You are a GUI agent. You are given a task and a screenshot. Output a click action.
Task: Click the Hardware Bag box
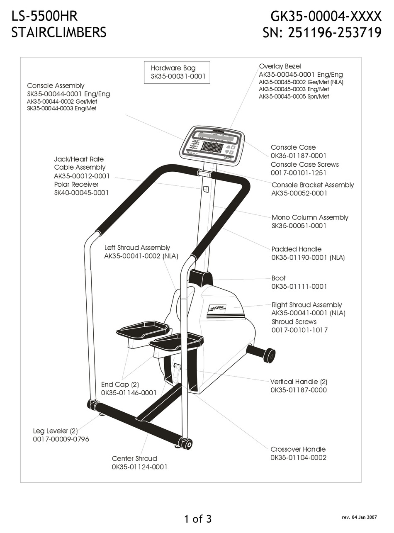[x=177, y=73]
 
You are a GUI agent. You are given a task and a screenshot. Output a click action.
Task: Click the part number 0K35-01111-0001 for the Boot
[x=299, y=287]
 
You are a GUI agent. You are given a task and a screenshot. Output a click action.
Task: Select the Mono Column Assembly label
[x=310, y=218]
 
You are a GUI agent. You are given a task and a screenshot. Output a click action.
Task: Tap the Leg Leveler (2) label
[x=55, y=431]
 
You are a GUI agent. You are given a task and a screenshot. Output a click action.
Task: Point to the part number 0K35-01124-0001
[x=139, y=467]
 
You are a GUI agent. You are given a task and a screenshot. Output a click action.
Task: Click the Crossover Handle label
[x=298, y=449]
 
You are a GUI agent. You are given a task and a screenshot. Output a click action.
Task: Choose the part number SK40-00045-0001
[x=81, y=193]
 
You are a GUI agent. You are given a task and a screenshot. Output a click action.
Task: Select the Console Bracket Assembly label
[x=313, y=185]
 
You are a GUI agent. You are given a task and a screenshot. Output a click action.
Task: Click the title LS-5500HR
[x=44, y=16]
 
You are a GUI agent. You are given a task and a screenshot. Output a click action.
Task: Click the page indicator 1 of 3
[x=197, y=518]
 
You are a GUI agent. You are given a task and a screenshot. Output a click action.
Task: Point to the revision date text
[x=359, y=518]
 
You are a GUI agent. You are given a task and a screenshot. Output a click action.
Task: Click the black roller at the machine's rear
[x=269, y=355]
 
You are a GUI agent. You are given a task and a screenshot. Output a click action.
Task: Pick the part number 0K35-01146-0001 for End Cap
[x=129, y=393]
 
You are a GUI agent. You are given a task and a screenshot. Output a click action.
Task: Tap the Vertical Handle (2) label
[x=299, y=382]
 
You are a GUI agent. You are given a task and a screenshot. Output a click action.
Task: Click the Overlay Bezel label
[x=280, y=66]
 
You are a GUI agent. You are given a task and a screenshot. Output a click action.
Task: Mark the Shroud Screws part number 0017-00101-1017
[x=299, y=330]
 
